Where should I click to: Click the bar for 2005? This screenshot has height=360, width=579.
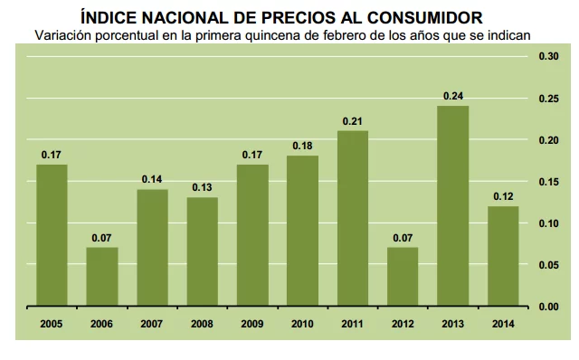(52, 235)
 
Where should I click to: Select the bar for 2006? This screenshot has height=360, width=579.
(102, 277)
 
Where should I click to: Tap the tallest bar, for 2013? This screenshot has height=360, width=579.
(453, 206)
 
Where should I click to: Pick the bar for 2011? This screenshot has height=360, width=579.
(353, 219)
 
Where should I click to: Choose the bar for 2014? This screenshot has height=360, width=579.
(503, 256)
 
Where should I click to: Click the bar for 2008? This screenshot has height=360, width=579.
(203, 251)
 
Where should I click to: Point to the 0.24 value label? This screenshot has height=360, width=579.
(453, 95)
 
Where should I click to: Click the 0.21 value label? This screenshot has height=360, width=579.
(353, 120)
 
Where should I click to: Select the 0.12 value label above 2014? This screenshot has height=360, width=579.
(503, 195)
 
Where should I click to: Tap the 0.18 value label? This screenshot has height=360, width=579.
(303, 146)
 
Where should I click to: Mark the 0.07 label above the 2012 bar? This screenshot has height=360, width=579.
(403, 237)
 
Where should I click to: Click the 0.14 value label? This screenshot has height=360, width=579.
(152, 179)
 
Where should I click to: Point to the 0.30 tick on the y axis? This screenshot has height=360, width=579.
(549, 56)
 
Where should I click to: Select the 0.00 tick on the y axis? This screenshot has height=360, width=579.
(549, 307)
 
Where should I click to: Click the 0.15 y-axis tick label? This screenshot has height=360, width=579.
(549, 182)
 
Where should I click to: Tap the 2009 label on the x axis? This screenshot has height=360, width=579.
(252, 322)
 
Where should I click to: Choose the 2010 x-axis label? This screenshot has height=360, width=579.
(303, 322)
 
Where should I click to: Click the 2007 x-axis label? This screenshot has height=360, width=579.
(152, 322)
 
